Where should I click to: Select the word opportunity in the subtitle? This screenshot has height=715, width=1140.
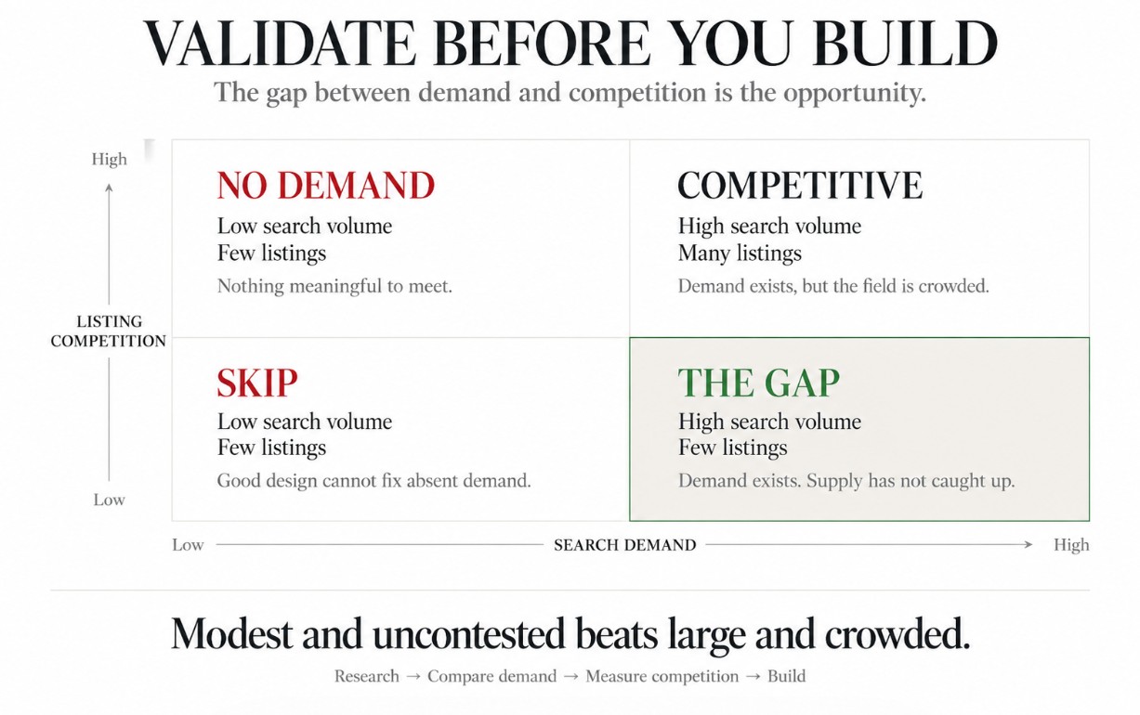[x=854, y=94]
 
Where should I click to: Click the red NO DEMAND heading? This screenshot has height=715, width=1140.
[x=326, y=185]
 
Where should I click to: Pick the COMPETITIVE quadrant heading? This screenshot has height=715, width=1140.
[x=800, y=185]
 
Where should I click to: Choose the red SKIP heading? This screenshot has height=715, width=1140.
[x=257, y=383]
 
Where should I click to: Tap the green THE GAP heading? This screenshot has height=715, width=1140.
[x=759, y=383]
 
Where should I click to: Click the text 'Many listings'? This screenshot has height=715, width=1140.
[x=740, y=253]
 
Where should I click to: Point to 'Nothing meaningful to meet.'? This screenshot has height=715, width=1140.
[x=334, y=286]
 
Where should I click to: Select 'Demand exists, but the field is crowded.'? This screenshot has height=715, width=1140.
[x=833, y=286]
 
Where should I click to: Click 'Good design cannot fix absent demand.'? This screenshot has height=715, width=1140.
[x=373, y=481]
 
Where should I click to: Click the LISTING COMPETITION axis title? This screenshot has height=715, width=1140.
[x=109, y=331]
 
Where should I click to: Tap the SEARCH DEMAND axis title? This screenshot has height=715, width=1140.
[x=625, y=545]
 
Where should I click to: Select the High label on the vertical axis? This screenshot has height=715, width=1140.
[x=109, y=159]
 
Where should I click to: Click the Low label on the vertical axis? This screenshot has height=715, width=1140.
[x=109, y=500]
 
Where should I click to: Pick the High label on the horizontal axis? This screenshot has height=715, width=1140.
[x=1071, y=545]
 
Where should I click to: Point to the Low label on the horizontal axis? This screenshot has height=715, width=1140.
[x=188, y=545]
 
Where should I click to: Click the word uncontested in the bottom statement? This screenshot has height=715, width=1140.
[x=468, y=634]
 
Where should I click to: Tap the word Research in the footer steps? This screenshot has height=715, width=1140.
[x=366, y=676]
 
